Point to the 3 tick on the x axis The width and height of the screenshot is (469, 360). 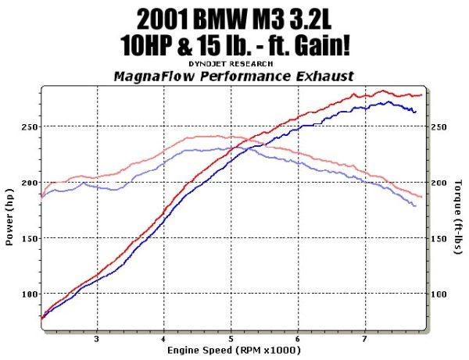[x=96, y=340]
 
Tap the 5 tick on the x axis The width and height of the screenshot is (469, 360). [x=231, y=340]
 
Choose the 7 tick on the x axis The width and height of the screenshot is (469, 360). [x=365, y=340]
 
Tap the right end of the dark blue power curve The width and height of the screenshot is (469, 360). [x=416, y=112]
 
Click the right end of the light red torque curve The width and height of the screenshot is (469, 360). [x=421, y=197]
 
